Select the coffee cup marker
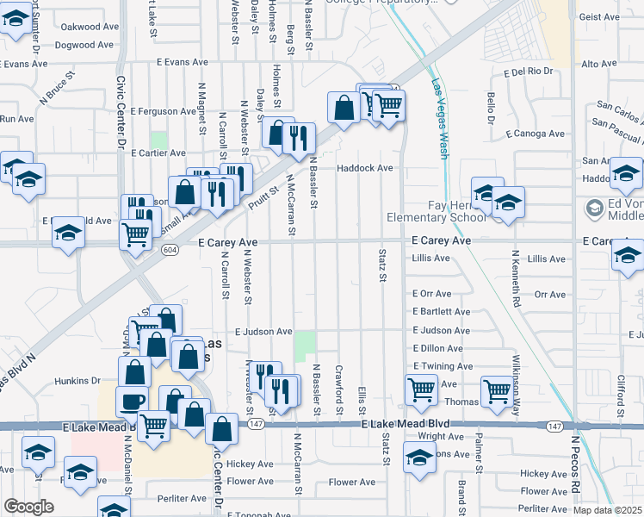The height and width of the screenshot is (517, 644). [x=132, y=401]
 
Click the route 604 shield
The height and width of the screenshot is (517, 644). [x=169, y=249]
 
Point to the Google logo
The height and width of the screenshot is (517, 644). [x=28, y=507]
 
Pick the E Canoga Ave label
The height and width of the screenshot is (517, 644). [x=535, y=134]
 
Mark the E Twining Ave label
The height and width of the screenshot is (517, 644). [x=443, y=365]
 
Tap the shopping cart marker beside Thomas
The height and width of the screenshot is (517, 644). [x=497, y=390]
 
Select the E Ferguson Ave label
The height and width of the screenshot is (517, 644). [x=164, y=111]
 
